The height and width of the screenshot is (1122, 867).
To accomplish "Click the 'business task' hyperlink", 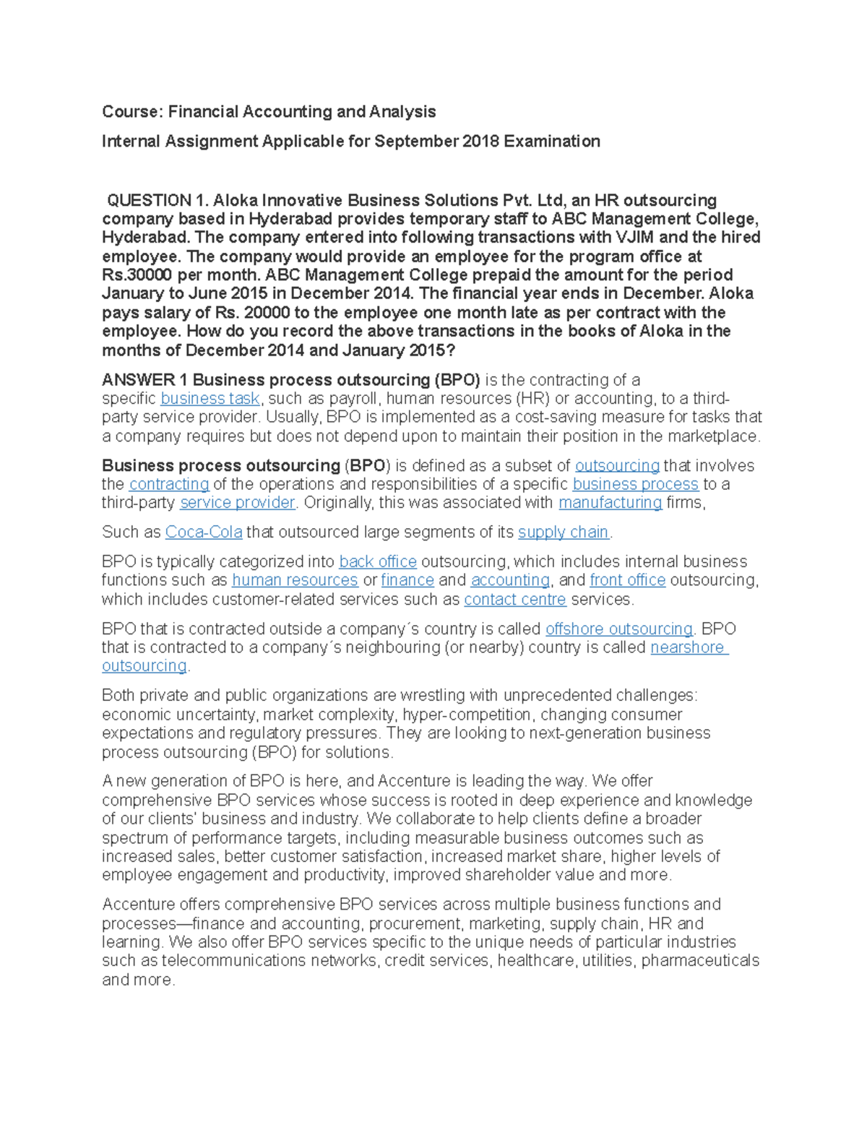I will coord(210,399).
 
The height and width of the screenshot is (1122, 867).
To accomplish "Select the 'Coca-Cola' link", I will coord(204,532).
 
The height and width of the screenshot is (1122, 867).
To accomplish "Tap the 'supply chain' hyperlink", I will coord(564,532).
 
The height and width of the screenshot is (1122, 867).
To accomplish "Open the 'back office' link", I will coord(378,562).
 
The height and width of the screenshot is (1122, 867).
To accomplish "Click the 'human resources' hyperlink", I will coord(295,580).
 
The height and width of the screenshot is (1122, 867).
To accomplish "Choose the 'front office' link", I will coord(627,580).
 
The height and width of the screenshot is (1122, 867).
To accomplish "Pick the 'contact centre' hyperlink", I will coord(515,600).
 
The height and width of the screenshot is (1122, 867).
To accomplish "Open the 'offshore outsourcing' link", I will coord(619,629).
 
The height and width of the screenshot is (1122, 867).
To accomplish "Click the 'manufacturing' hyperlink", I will coord(611,503).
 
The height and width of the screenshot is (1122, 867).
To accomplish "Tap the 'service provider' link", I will coord(238,503).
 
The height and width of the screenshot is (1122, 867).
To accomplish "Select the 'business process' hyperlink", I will coord(635,484).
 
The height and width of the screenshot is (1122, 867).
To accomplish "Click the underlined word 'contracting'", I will coord(169,484).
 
